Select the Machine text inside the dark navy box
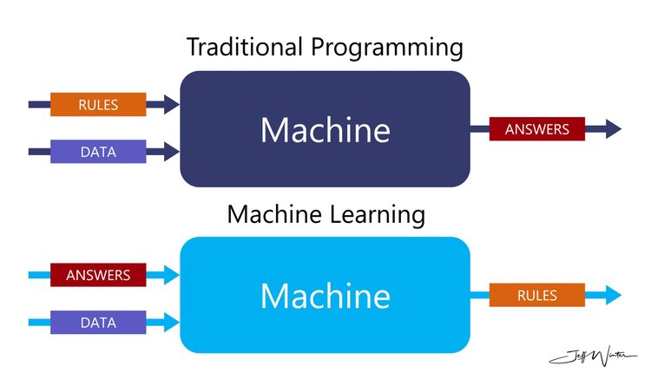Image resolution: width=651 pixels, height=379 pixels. pyautogui.click(x=325, y=130)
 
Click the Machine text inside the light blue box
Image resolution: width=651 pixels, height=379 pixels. pyautogui.click(x=325, y=296)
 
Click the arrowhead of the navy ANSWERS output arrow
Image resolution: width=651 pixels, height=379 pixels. pyautogui.click(x=613, y=129)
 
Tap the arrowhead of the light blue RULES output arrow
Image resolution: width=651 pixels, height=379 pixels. pyautogui.click(x=613, y=295)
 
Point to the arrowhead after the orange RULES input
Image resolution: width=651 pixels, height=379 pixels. pyautogui.click(x=170, y=104)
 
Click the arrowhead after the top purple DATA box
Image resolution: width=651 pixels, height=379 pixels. pyautogui.click(x=170, y=151)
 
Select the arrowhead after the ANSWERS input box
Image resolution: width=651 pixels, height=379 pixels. pyautogui.click(x=170, y=275)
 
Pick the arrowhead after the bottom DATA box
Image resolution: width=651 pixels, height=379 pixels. pyautogui.click(x=170, y=322)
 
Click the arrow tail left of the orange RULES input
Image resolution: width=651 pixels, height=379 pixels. pyautogui.click(x=39, y=104)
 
